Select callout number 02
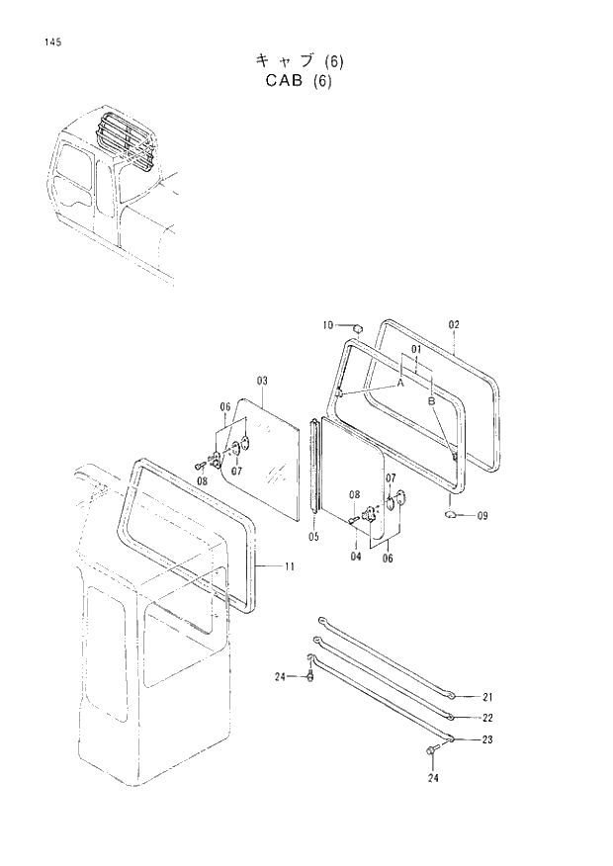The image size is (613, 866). pyautogui.click(x=454, y=324)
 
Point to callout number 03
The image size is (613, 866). pyautogui.click(x=263, y=381)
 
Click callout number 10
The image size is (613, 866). pyautogui.click(x=327, y=325)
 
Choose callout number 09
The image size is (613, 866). pyautogui.click(x=482, y=515)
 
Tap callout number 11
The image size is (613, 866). pyautogui.click(x=289, y=566)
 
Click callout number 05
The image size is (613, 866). pyautogui.click(x=313, y=537)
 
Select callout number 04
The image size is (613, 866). pyautogui.click(x=355, y=556)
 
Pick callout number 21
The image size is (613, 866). pyautogui.click(x=486, y=697)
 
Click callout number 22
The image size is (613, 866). pyautogui.click(x=486, y=718)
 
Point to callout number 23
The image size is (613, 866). pyautogui.click(x=486, y=739)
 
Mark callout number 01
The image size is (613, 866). pyautogui.click(x=416, y=350)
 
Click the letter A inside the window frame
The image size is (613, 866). pyautogui.click(x=401, y=382)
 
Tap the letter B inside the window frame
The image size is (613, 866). pyautogui.click(x=432, y=401)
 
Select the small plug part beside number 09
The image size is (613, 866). pyautogui.click(x=451, y=514)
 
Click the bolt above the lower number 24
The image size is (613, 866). pyautogui.click(x=432, y=754)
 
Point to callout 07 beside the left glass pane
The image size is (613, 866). pyautogui.click(x=237, y=471)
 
